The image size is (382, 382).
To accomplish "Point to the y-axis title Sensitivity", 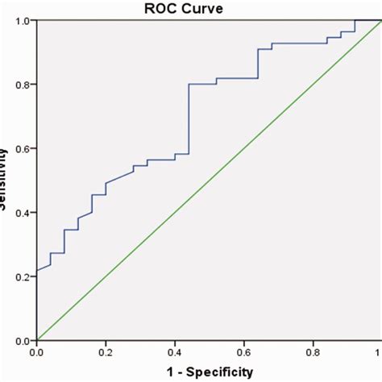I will pos(6,179).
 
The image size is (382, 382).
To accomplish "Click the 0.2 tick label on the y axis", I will pos(23,276).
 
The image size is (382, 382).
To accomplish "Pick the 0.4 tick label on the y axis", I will pos(23,213).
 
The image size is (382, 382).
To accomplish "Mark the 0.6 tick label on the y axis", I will pos(23,148).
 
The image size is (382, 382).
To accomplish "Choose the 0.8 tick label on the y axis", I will pos(23,85).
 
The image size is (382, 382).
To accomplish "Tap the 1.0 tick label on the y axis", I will pos(23,21).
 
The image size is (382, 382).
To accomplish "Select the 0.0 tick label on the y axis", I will pos(23,340).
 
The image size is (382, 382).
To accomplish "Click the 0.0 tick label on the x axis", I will pos(37,352).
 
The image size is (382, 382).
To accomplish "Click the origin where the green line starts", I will pos(37,340).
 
